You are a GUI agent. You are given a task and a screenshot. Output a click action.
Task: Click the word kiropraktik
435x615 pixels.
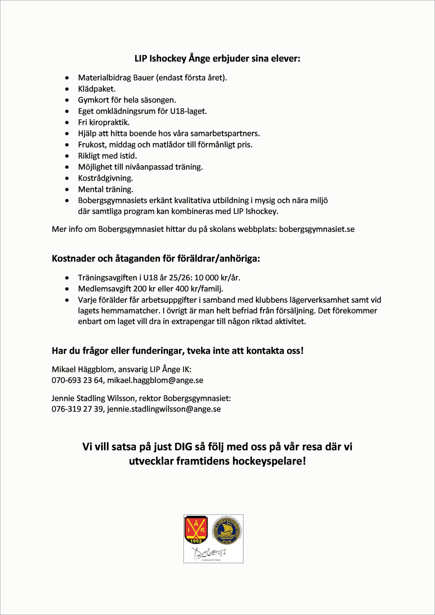pos(109,123)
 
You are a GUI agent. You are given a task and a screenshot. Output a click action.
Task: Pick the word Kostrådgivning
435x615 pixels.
pos(105,178)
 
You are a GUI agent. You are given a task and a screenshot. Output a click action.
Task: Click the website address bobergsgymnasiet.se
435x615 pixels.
pos(317,229)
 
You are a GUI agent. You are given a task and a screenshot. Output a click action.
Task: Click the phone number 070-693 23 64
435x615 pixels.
pos(77,380)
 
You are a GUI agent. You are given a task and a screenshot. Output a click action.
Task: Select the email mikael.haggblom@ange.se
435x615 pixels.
pos(155,380)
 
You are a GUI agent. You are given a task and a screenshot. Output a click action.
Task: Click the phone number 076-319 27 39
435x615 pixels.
pos(77,409)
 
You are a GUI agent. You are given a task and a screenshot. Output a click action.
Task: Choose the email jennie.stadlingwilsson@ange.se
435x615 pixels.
pos(164,409)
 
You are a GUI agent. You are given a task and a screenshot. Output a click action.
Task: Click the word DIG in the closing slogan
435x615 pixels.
pos(184,447)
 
